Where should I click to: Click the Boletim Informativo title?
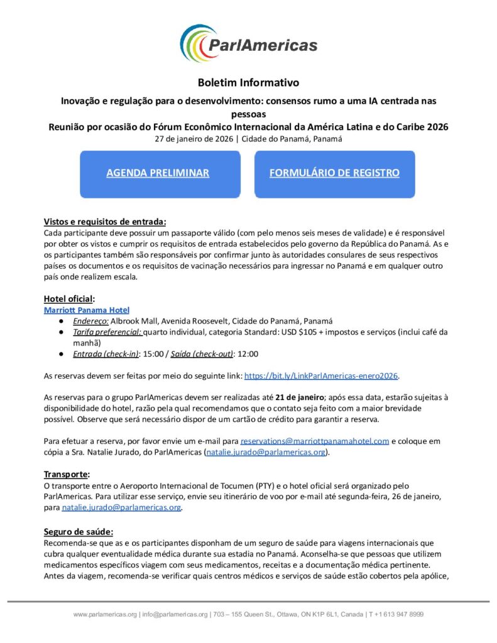[x=248, y=82]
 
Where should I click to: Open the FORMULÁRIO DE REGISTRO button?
[x=334, y=173]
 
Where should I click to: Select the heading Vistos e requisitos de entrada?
[x=105, y=221]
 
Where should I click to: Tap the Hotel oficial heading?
[x=69, y=298]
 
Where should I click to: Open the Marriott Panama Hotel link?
[x=87, y=310]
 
